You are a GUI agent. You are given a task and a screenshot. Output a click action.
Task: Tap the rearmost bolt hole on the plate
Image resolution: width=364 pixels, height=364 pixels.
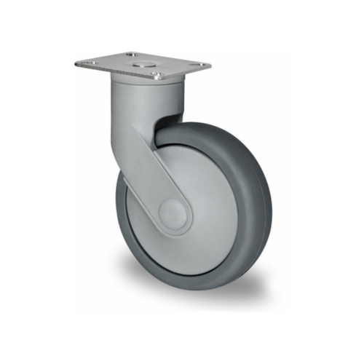[x=130, y=55]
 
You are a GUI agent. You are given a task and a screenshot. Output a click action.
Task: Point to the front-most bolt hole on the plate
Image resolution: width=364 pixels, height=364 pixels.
[x=156, y=74]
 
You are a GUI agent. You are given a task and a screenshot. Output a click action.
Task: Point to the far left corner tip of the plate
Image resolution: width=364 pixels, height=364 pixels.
[x=76, y=63]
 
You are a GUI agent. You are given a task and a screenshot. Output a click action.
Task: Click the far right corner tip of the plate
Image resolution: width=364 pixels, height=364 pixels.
[x=210, y=66]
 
